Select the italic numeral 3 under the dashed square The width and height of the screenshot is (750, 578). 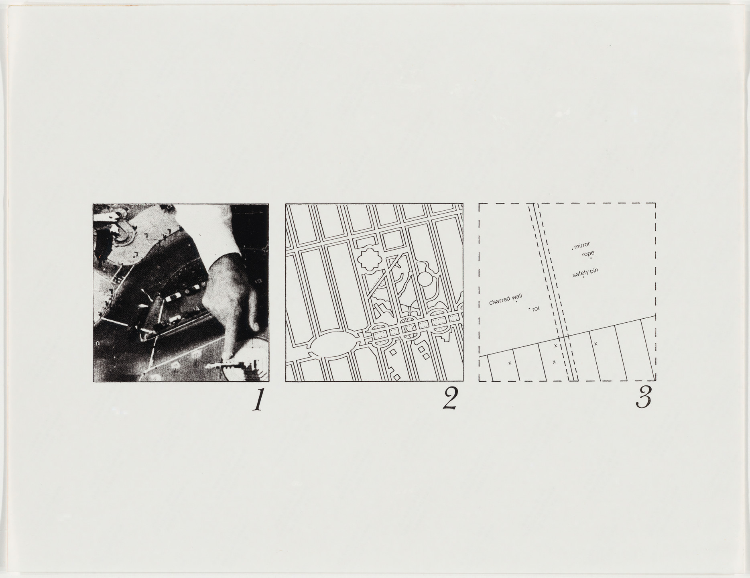point(643,399)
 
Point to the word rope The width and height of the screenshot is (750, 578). point(588,254)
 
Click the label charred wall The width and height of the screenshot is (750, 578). point(505,299)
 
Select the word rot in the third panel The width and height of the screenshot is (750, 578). point(536,309)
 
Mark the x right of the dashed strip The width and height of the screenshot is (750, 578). point(596,344)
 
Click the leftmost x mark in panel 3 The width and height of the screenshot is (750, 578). point(510,363)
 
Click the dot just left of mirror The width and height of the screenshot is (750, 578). point(572,249)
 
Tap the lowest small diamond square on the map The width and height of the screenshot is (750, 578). point(397,377)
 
